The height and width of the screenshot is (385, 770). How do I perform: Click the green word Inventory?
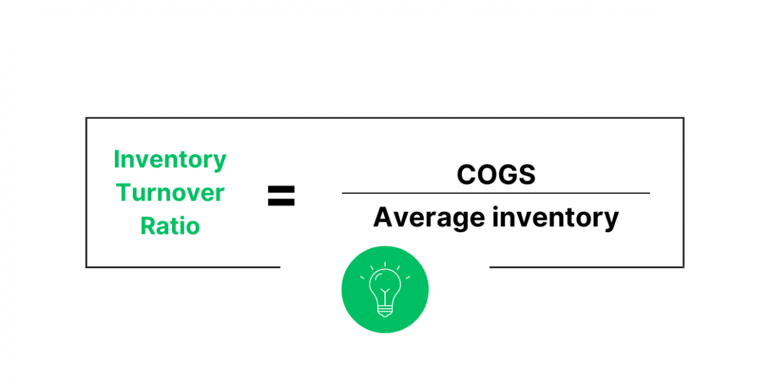(170, 160)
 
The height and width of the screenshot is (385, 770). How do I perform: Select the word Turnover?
(170, 193)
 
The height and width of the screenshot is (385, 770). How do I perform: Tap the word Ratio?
(170, 226)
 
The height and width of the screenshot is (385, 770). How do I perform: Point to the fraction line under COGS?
(495, 193)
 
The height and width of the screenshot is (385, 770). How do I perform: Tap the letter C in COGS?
(466, 175)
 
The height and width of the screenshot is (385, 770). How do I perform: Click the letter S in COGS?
(527, 175)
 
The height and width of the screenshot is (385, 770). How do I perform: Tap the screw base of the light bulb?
(385, 310)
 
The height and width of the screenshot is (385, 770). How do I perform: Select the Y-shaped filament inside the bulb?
(385, 292)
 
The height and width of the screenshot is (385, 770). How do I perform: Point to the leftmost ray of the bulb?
(362, 277)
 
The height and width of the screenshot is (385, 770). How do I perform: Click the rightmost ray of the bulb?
(408, 277)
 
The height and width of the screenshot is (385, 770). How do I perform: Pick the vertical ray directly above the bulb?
(385, 264)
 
